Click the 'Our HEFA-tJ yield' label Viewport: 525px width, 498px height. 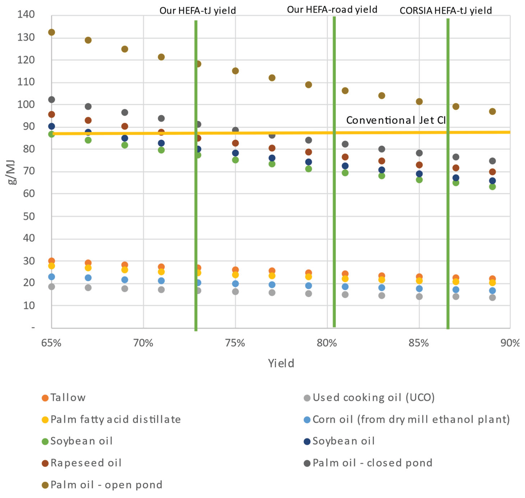[198, 11]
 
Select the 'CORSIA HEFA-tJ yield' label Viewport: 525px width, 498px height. [446, 11]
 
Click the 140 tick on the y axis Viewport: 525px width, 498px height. [26, 14]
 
